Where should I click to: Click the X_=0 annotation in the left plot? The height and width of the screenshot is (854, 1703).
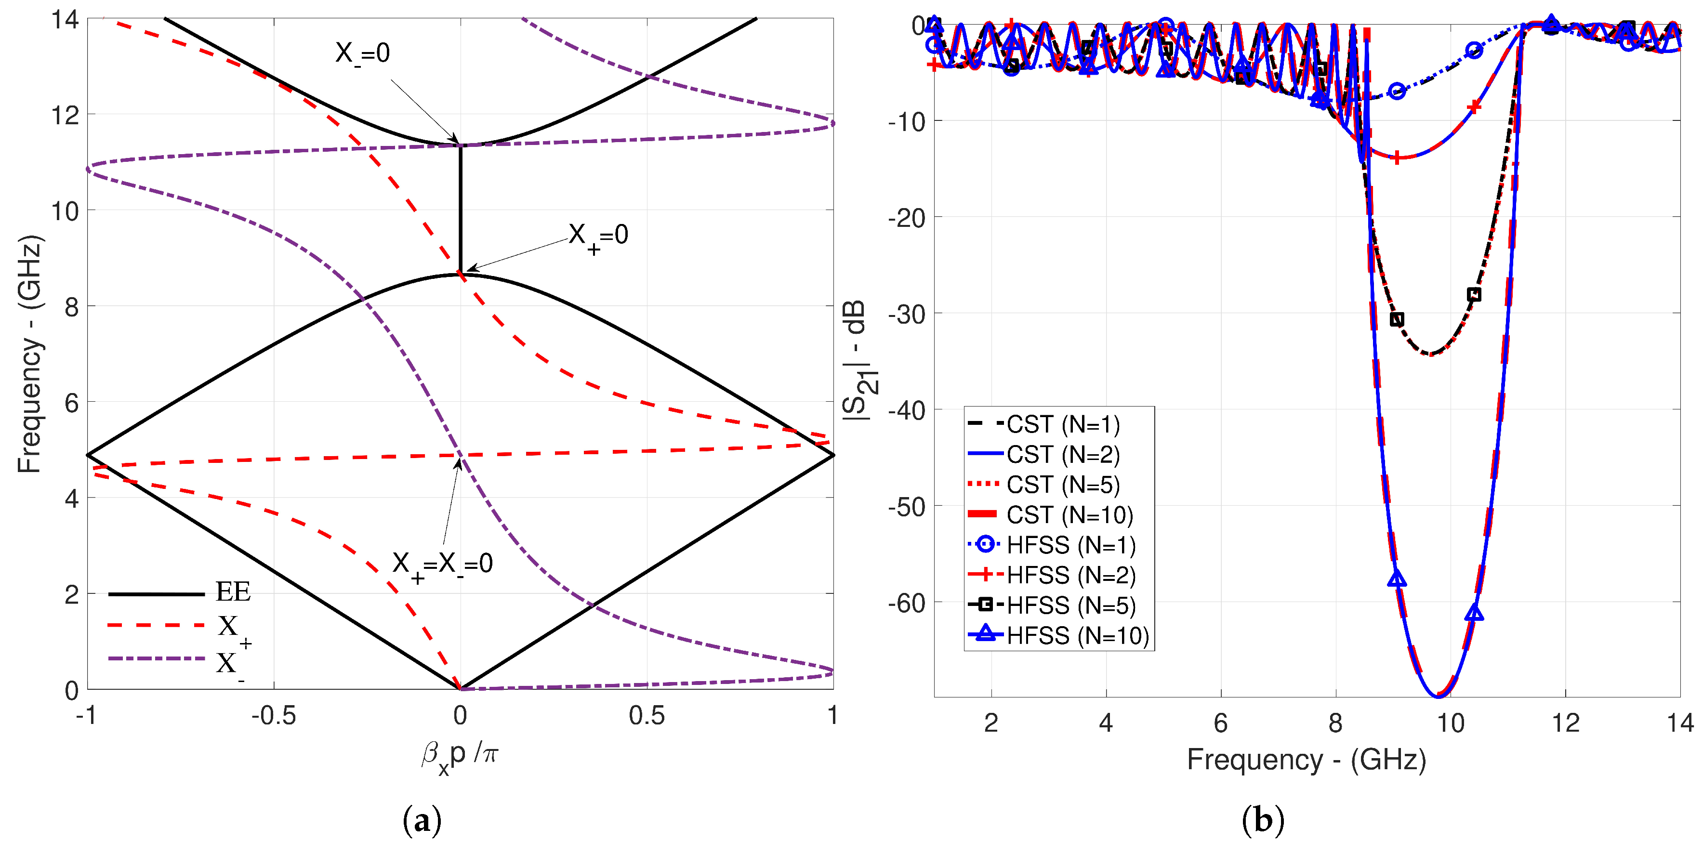tap(362, 53)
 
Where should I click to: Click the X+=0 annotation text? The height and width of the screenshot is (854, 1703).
tap(598, 236)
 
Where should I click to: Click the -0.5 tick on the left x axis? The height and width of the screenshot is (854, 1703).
tap(273, 716)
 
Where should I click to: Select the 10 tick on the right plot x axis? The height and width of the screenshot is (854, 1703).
tap(1451, 723)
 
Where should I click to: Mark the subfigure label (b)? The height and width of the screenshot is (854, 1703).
tap(1263, 821)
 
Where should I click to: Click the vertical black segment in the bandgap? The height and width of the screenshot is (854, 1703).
tap(461, 208)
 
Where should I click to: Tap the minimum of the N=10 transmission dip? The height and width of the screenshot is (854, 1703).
tap(1439, 695)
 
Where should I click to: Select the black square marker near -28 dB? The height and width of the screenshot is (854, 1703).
tap(1474, 294)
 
